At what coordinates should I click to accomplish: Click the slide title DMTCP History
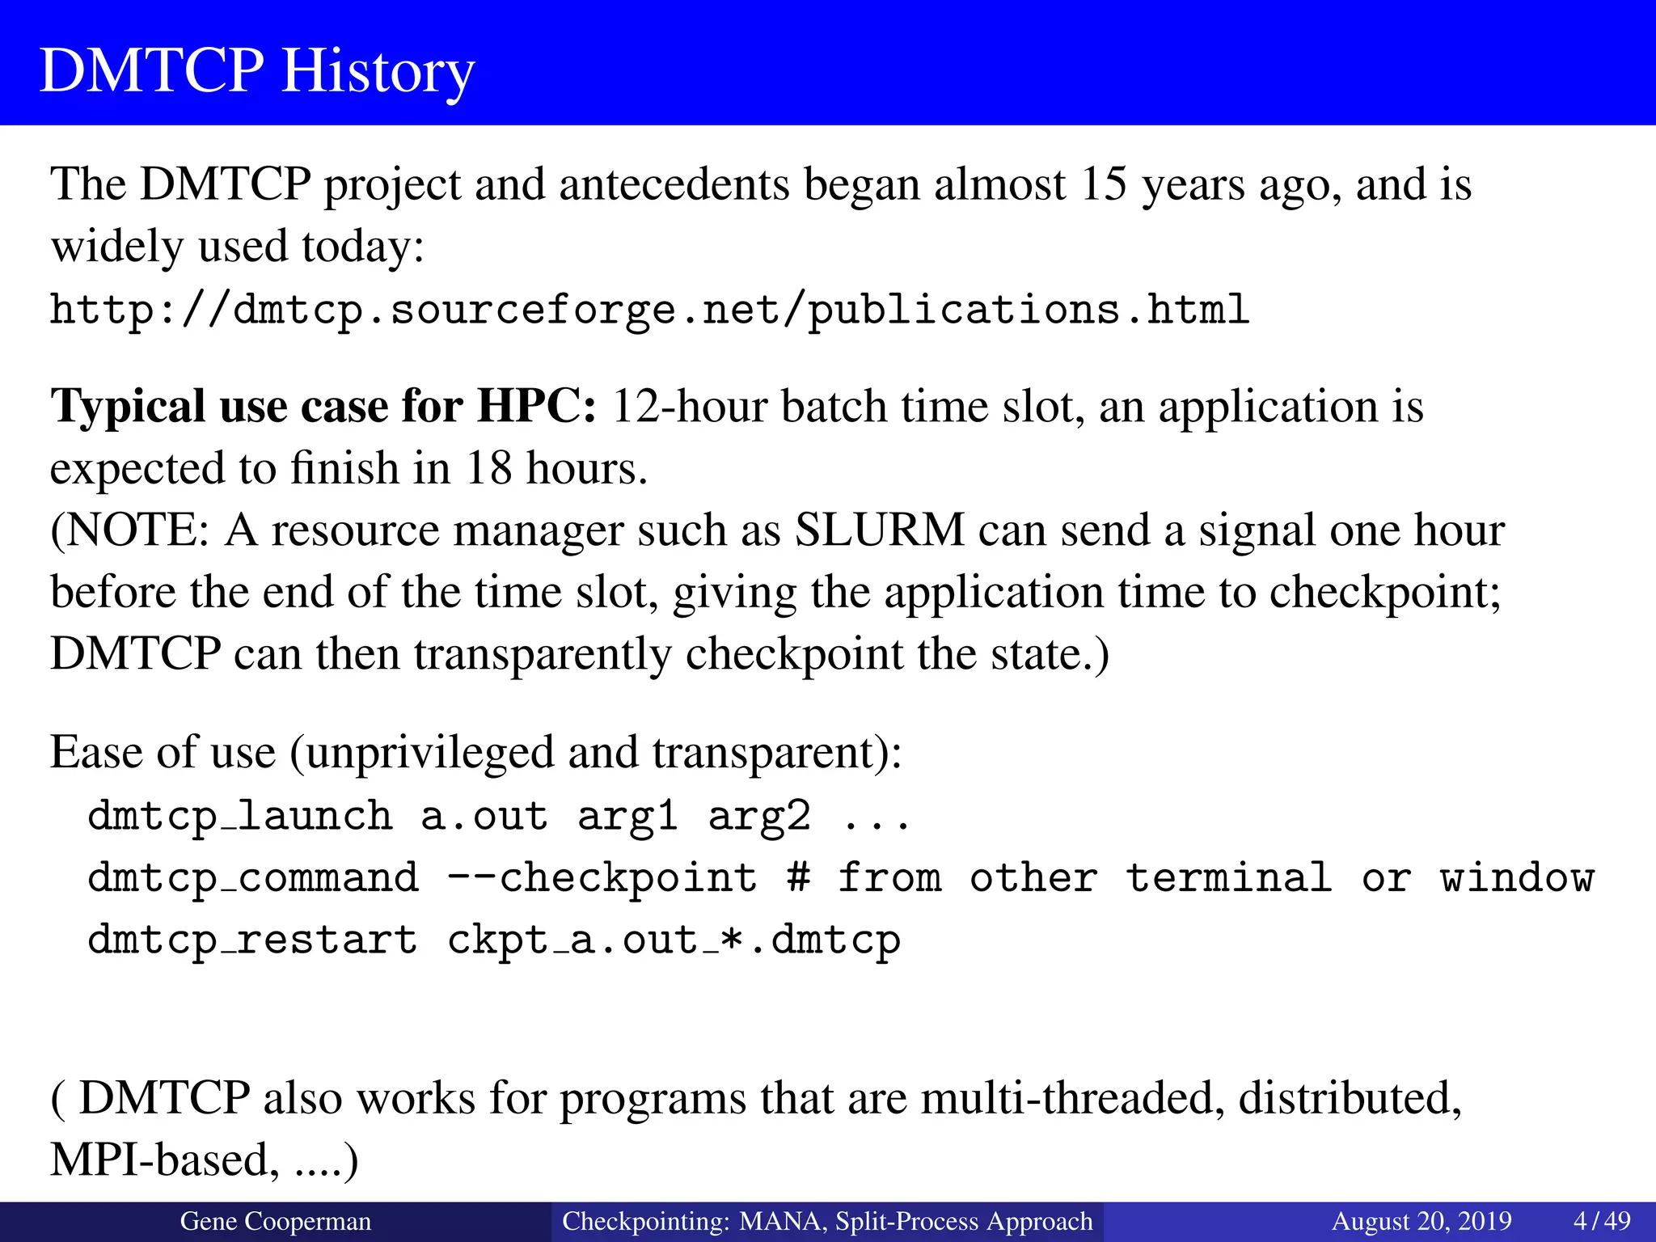(257, 70)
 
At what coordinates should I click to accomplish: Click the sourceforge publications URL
(649, 310)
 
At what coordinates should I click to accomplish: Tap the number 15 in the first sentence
(1104, 184)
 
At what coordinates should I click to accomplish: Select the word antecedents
(674, 184)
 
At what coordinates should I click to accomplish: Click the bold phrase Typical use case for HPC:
(323, 406)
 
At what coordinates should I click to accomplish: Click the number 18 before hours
(488, 468)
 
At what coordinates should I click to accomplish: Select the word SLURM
(880, 530)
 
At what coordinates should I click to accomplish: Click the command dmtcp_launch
(240, 815)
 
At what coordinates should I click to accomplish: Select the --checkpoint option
(602, 878)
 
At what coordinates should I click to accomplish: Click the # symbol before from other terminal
(799, 878)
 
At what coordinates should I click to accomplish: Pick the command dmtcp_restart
(252, 940)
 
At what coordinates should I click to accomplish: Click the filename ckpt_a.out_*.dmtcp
(674, 940)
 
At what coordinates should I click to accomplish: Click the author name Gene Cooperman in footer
(275, 1221)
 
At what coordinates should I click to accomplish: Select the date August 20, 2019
(1422, 1221)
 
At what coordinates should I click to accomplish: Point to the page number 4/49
(1602, 1221)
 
